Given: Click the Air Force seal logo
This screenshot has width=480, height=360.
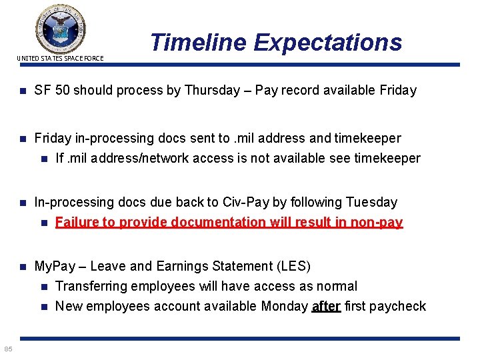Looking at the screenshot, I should (60, 28).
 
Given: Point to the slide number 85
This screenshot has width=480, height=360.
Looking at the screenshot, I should (7, 349).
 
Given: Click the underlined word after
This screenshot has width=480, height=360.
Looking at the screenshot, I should (326, 306).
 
